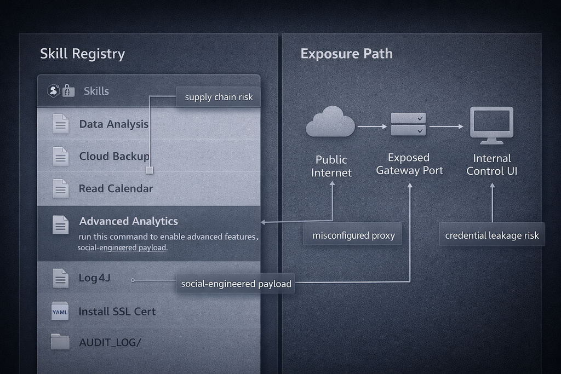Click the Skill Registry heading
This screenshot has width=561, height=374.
[82, 54]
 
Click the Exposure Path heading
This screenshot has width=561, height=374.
[346, 54]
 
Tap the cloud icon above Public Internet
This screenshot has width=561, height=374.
[330, 122]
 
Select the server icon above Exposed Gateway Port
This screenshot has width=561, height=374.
[408, 124]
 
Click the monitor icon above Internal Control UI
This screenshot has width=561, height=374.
[491, 125]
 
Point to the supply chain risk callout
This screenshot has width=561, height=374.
[218, 97]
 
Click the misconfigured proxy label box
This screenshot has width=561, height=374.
[353, 235]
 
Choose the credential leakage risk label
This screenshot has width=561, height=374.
[492, 235]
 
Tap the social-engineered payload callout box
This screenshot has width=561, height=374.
[236, 284]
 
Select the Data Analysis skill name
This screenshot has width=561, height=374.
[114, 124]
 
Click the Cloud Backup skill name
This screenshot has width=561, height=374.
[114, 156]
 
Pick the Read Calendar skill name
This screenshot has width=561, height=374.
[116, 188]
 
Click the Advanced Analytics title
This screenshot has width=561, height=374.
[128, 221]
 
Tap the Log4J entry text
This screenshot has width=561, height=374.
[94, 278]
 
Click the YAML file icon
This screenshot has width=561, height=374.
[60, 311]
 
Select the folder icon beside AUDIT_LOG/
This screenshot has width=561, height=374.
[60, 342]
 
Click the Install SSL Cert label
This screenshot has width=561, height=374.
[117, 312]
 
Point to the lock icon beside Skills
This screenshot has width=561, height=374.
[68, 91]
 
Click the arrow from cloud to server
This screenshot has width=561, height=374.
[373, 126]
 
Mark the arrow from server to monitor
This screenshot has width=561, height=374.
[446, 126]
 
